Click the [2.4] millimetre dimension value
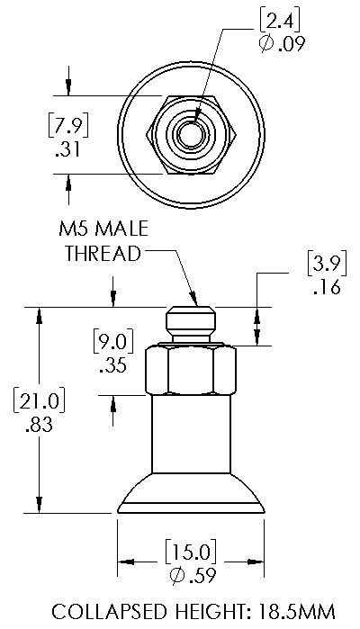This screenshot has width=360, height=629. pos(280,22)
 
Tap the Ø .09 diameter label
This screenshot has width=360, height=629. pos(282,44)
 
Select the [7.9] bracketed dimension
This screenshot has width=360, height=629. pos(68,125)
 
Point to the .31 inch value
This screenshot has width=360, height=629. pos(68,149)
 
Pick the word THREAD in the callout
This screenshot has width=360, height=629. pos(103,254)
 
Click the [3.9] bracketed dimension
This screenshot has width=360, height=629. pos(327,264)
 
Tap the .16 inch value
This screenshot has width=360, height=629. pos(327,287)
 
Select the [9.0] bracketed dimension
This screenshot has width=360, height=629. pos(112,341)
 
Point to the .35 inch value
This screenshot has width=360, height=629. pos(112,365)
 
